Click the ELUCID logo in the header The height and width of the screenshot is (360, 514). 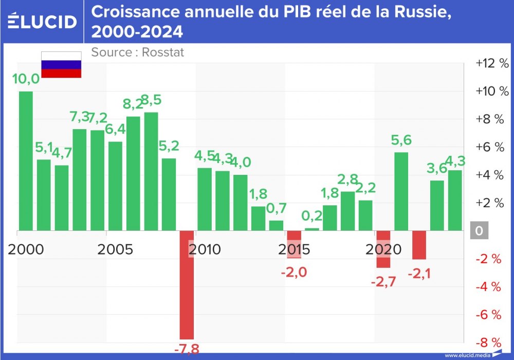(43, 21)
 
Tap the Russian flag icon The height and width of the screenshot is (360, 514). (61, 65)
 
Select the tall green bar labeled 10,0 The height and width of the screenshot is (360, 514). (26, 160)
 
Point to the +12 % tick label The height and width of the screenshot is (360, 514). (491, 63)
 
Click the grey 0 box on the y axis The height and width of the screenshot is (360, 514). (479, 231)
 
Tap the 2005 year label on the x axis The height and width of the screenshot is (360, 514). (115, 250)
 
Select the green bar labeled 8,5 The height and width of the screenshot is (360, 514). (151, 171)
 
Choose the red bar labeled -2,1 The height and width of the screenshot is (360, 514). (419, 245)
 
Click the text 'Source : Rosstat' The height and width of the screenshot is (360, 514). (137, 52)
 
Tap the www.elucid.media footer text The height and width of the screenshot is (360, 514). (467, 355)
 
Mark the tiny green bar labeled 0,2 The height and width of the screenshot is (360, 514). (311, 229)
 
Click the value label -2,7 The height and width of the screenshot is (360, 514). (383, 282)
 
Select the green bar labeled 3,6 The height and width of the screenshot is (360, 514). (437, 205)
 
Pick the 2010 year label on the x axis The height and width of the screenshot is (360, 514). (205, 250)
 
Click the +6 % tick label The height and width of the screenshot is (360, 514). (491, 147)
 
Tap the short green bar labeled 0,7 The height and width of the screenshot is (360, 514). (276, 225)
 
